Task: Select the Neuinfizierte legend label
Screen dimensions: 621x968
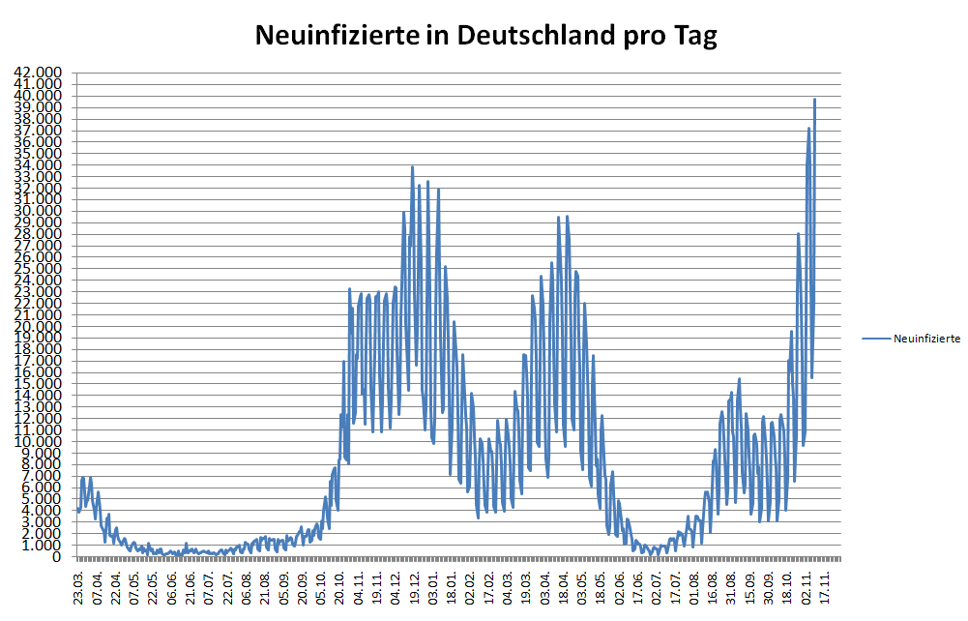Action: (x=926, y=339)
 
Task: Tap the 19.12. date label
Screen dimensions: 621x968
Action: (x=415, y=587)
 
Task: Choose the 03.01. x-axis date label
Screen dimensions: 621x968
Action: (x=433, y=587)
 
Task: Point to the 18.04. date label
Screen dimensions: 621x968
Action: (x=564, y=587)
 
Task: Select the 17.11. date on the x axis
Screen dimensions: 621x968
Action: (x=826, y=587)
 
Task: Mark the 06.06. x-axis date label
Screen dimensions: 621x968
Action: (x=172, y=587)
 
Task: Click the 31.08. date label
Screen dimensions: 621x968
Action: (x=732, y=587)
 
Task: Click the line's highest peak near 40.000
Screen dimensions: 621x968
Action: (x=814, y=99)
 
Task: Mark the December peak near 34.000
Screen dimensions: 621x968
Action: (x=412, y=166)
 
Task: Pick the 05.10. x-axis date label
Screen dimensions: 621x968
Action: (x=321, y=587)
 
